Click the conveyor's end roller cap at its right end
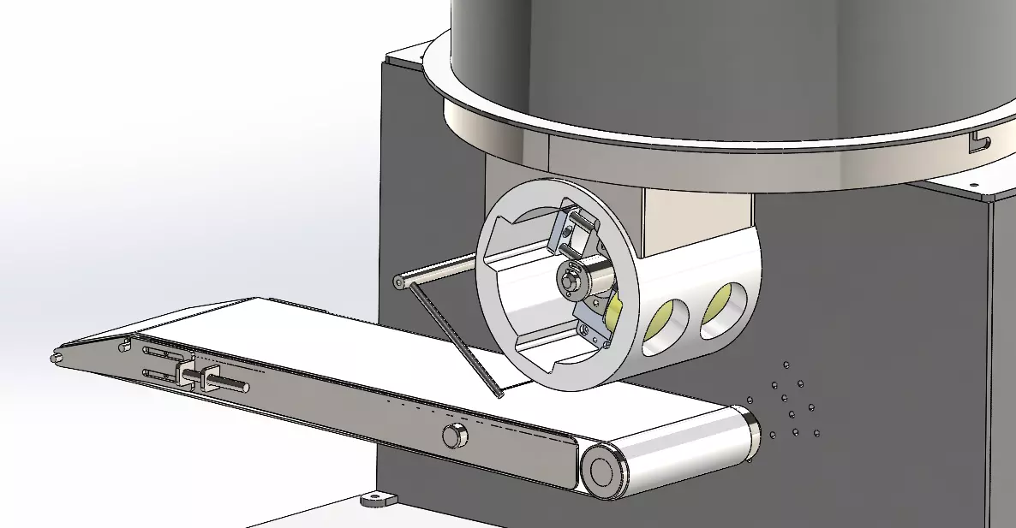(x=602, y=472)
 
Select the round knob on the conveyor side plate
(x=455, y=436)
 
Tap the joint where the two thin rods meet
(x=400, y=282)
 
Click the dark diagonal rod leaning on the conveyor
(x=454, y=342)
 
